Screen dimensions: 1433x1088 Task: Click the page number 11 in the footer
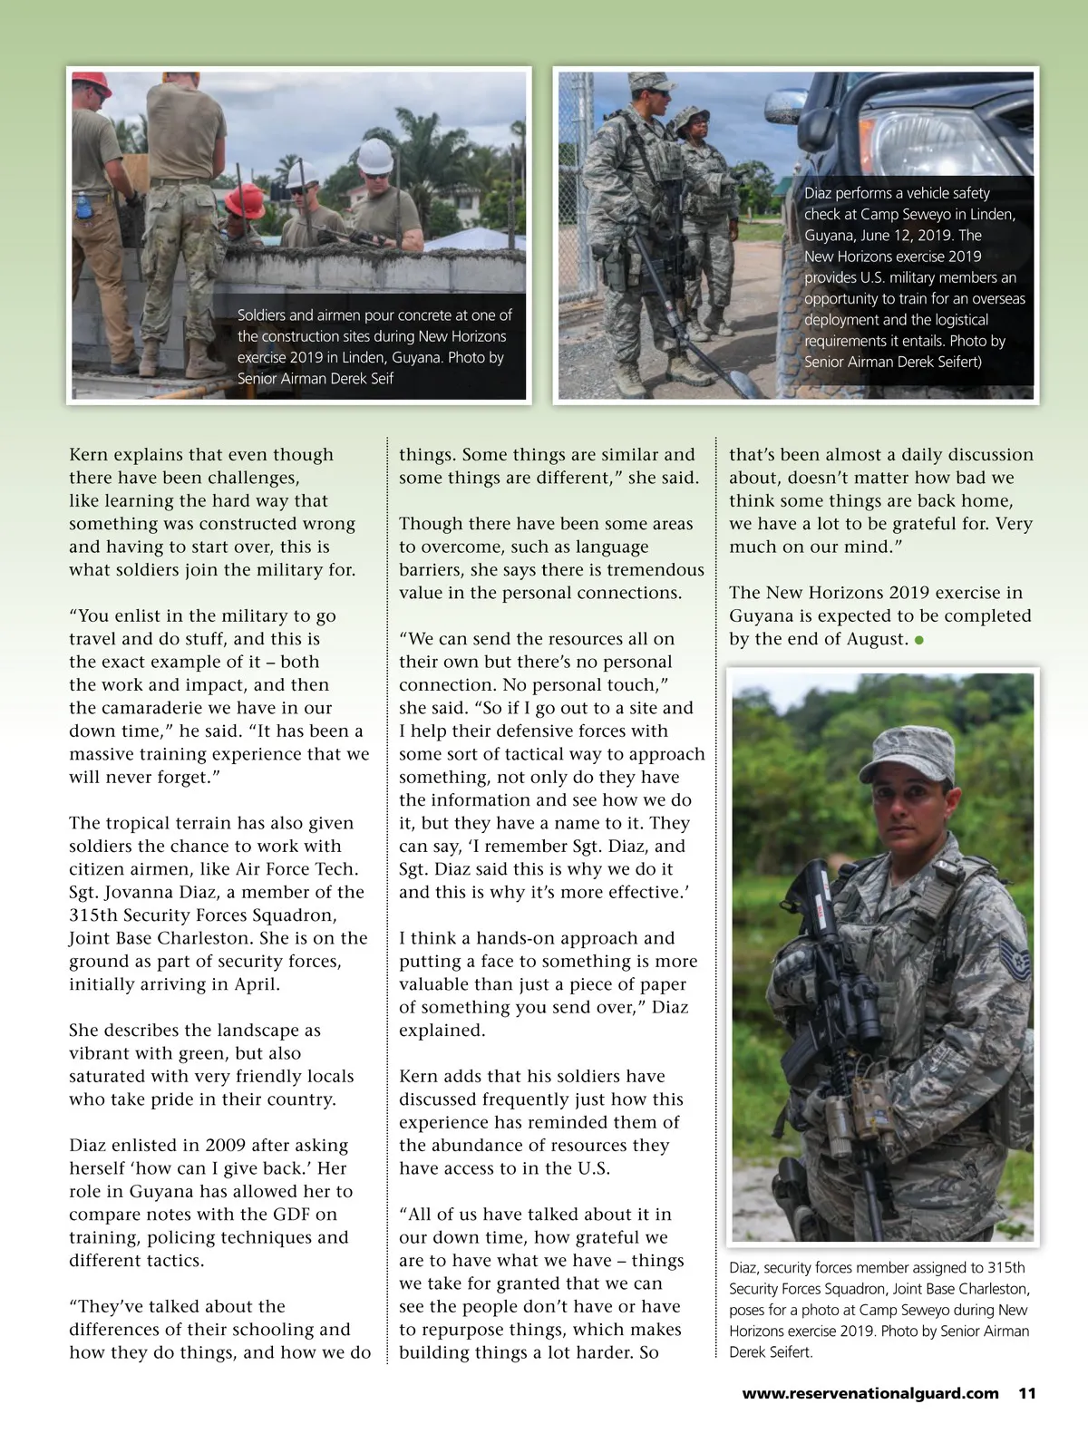1026,1393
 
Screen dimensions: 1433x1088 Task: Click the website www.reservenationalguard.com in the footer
870,1393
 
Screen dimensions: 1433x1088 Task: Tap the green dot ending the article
918,640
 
